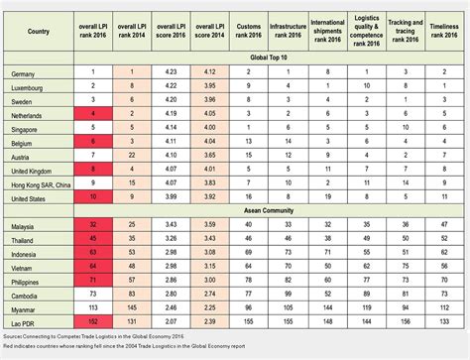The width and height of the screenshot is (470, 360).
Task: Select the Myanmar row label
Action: coord(24,307)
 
